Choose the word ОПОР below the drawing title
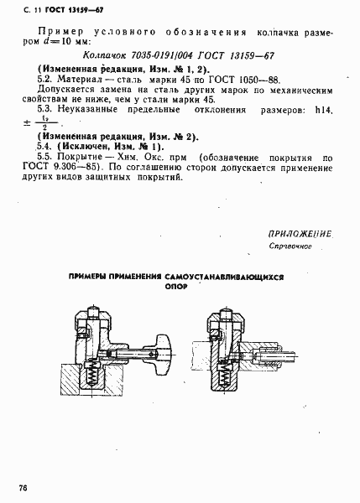coord(176,286)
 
